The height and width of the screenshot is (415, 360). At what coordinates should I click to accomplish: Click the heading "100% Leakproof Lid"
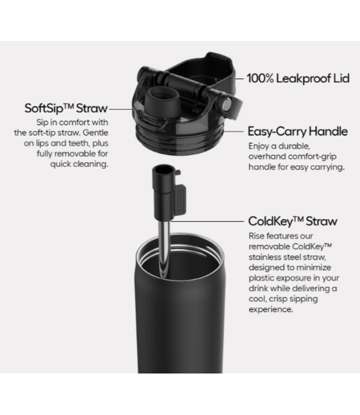pyautogui.click(x=298, y=79)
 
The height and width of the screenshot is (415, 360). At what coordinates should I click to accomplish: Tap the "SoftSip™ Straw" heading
pyautogui.click(x=66, y=108)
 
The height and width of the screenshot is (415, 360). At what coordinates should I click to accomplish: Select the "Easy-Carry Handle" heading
pyautogui.click(x=297, y=131)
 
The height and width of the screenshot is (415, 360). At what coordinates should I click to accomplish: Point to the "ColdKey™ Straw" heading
pyautogui.click(x=293, y=221)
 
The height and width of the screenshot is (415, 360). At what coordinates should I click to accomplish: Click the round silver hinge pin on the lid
pyautogui.click(x=227, y=103)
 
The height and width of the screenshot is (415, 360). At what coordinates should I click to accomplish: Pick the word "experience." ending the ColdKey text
pyautogui.click(x=271, y=310)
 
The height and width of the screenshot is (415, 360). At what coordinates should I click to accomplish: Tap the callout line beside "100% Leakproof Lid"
pyautogui.click(x=239, y=79)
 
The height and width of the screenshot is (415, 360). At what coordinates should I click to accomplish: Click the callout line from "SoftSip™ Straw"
pyautogui.click(x=121, y=108)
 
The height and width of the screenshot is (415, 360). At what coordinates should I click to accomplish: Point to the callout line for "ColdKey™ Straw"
pyautogui.click(x=207, y=221)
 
